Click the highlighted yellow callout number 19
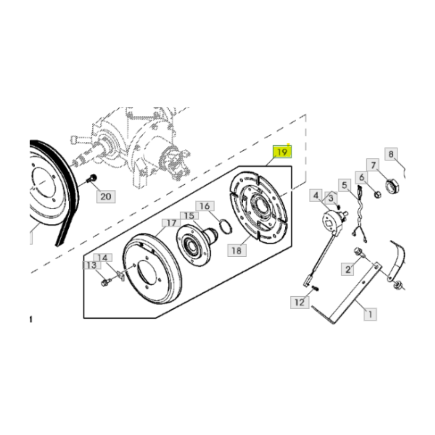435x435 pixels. [282, 152]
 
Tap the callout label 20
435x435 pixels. [106, 197]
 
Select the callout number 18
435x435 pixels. [237, 250]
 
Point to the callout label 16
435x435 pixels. [205, 206]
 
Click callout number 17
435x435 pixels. [171, 223]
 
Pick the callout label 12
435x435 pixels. [300, 302]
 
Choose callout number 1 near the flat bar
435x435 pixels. [370, 315]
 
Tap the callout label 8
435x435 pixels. [391, 154]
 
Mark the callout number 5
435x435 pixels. [344, 185]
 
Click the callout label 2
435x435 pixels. [348, 269]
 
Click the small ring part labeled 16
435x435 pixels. [226, 226]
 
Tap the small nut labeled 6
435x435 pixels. [377, 194]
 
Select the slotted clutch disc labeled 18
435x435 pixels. [258, 207]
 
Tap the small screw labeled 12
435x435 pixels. [315, 288]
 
